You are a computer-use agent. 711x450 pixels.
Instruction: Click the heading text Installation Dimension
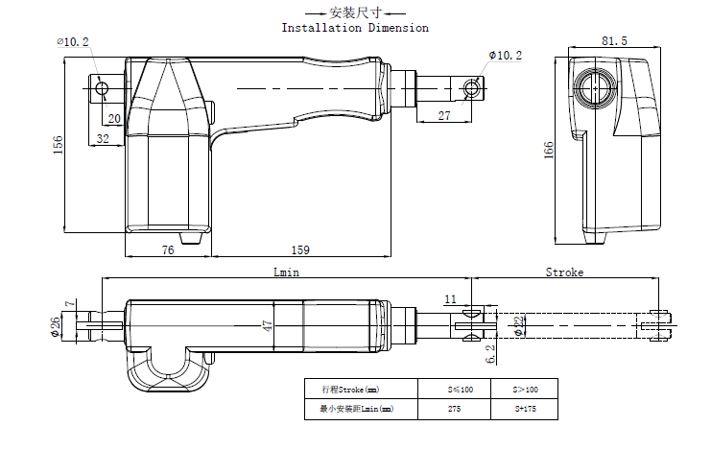(355, 28)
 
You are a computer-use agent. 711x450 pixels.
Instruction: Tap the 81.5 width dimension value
(614, 41)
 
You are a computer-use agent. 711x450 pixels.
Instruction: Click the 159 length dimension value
(299, 250)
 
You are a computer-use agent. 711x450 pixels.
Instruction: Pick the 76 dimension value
(167, 250)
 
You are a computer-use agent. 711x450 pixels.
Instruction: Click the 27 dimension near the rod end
(443, 115)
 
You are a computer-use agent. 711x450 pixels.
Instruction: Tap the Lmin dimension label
(287, 272)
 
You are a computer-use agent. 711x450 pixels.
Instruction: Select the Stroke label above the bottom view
(564, 272)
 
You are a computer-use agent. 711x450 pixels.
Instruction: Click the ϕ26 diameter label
(59, 326)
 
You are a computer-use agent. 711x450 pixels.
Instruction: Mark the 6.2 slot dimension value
(490, 354)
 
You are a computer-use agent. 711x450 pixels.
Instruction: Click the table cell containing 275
(454, 409)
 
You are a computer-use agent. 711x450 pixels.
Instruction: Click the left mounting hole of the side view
(103, 89)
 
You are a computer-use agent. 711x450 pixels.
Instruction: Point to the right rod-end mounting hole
(470, 89)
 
